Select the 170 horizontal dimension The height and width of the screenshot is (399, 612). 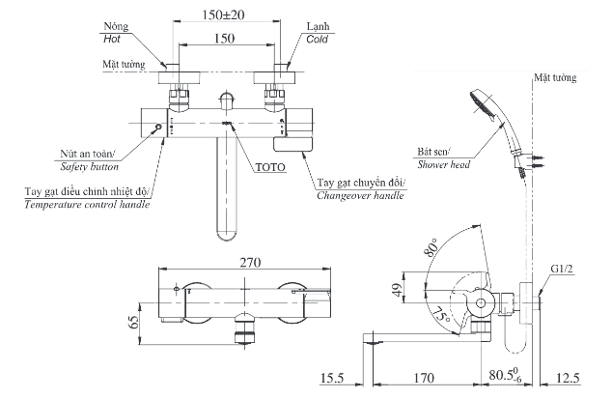[423, 380]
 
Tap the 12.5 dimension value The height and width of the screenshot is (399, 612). [569, 380]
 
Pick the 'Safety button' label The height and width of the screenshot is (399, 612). [86, 166]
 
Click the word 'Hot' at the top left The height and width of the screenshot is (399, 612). [115, 40]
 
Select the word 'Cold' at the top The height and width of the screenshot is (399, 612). [317, 40]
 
